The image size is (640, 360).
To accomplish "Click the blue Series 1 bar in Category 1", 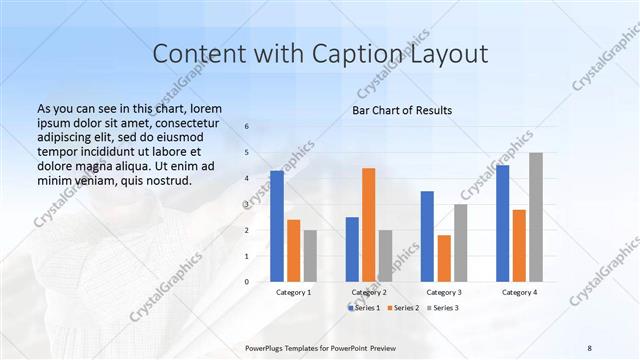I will pyautogui.click(x=277, y=226).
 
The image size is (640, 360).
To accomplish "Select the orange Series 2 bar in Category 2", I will pyautogui.click(x=368, y=225).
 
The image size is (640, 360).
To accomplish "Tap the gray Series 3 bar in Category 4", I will pyautogui.click(x=536, y=217).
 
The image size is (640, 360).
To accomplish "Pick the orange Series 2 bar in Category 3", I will pyautogui.click(x=444, y=259).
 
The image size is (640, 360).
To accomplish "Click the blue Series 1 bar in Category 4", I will pyautogui.click(x=502, y=223).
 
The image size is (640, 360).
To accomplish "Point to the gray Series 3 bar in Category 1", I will pyautogui.click(x=310, y=256).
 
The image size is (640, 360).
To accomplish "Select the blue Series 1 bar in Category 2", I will pyautogui.click(x=352, y=249).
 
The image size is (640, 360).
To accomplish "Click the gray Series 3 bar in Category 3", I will pyautogui.click(x=460, y=243).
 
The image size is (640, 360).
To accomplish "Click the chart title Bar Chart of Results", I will pyautogui.click(x=402, y=110).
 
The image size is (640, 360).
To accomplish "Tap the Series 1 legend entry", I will pyautogui.click(x=364, y=307).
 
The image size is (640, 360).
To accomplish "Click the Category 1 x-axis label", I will pyautogui.click(x=293, y=292).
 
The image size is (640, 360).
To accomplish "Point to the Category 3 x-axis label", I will pyautogui.click(x=444, y=292).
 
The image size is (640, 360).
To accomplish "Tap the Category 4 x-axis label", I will pyautogui.click(x=519, y=292).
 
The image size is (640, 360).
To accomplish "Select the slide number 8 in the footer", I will pyautogui.click(x=589, y=347).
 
